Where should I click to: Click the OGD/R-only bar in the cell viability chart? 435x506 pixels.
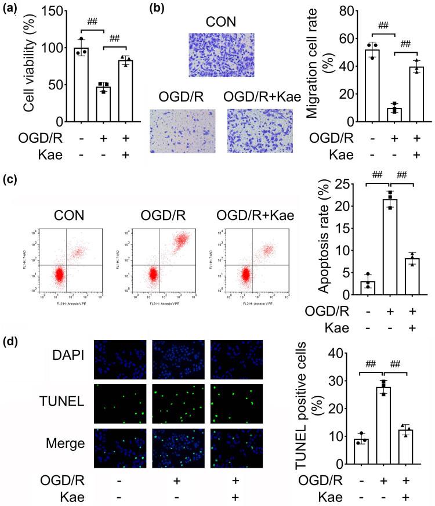click(x=103, y=104)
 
